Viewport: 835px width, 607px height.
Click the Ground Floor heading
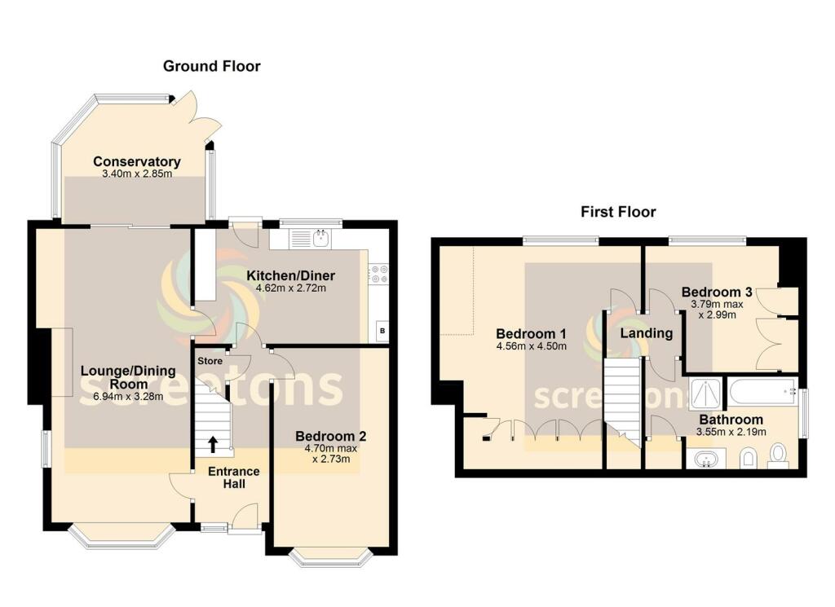(x=211, y=66)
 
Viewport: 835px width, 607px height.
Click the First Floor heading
(x=618, y=212)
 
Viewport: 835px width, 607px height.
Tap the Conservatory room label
(x=136, y=161)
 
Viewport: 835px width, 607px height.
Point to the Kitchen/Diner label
(x=291, y=275)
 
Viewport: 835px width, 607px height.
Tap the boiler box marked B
(x=381, y=332)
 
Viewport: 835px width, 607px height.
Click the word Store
(x=210, y=360)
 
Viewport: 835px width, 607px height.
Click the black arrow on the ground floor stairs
(x=213, y=444)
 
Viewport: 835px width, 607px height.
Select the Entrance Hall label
(x=233, y=477)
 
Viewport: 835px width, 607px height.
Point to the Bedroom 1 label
(x=532, y=334)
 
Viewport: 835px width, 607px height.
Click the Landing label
(x=647, y=333)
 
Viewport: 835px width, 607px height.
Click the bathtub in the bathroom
(x=763, y=394)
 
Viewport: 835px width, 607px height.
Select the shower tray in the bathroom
(x=705, y=394)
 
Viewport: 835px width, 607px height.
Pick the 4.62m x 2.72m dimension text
(x=291, y=288)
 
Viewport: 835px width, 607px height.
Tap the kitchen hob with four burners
(x=378, y=274)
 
